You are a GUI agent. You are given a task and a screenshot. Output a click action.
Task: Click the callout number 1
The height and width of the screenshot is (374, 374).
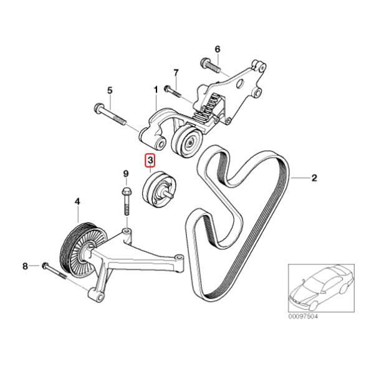click(x=156, y=90)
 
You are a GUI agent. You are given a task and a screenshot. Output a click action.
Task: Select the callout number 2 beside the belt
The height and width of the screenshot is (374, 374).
click(x=314, y=178)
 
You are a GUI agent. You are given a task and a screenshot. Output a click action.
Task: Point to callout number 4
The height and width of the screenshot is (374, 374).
click(x=77, y=202)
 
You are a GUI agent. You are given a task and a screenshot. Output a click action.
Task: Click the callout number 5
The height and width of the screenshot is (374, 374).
click(x=110, y=90)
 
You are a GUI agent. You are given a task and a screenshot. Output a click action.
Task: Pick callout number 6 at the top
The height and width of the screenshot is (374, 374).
click(x=218, y=49)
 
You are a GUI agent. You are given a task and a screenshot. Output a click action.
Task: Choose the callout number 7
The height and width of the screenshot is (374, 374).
click(x=176, y=73)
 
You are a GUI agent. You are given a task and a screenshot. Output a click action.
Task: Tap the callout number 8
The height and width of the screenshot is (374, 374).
click(x=26, y=266)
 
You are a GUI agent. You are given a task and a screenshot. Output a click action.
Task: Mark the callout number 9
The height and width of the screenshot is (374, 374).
click(x=126, y=174)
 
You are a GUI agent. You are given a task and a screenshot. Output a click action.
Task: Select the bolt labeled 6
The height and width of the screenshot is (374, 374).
click(x=211, y=64)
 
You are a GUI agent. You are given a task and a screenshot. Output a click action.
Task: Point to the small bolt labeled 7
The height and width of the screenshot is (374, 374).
click(x=173, y=91)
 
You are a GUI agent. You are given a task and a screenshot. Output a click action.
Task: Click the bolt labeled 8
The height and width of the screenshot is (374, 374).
click(x=54, y=271)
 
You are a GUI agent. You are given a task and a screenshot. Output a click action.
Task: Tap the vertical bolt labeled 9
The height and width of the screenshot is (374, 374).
click(x=127, y=201)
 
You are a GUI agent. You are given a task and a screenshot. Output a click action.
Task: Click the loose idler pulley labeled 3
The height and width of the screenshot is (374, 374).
click(x=158, y=189)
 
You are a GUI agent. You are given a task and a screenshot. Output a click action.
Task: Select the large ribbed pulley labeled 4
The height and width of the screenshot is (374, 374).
click(x=84, y=250)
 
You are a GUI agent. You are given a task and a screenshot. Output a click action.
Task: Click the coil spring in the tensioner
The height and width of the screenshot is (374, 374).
click(x=206, y=109)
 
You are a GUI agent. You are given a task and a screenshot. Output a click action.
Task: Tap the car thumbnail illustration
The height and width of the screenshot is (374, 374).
click(x=321, y=288)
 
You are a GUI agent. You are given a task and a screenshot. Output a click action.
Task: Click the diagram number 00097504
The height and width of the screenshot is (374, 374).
click(x=303, y=317)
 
